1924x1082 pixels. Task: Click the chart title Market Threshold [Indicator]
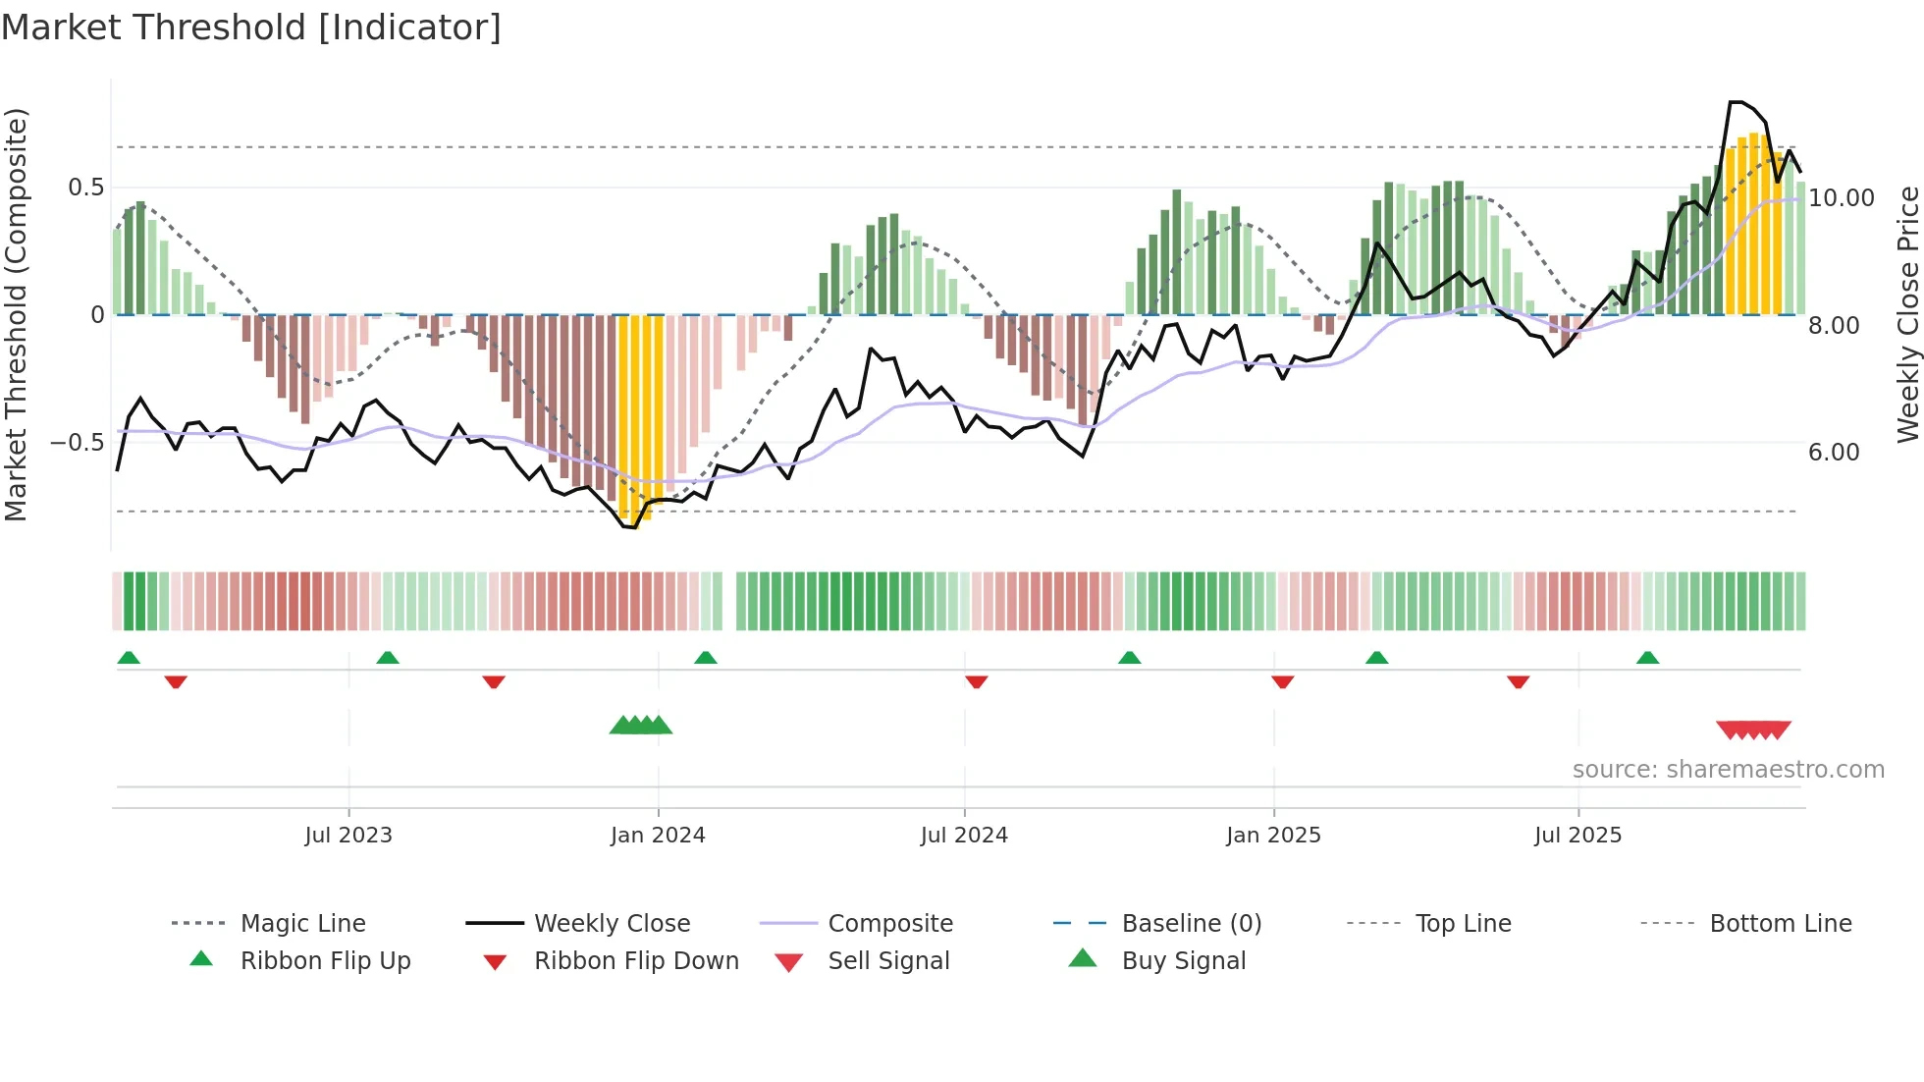[251, 27]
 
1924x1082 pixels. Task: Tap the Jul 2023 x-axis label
[347, 836]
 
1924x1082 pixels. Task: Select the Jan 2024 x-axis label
[658, 836]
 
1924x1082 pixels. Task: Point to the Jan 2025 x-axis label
[1273, 836]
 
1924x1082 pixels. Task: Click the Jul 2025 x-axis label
[1577, 836]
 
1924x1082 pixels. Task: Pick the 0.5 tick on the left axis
[85, 188]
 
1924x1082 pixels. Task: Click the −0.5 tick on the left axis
[77, 443]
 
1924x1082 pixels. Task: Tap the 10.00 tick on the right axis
[1841, 198]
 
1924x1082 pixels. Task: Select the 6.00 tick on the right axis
[1834, 453]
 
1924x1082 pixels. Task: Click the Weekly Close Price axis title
[1907, 314]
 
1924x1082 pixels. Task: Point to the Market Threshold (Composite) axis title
[17, 314]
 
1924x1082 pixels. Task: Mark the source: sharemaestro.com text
[1728, 770]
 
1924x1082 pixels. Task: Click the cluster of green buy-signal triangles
[641, 726]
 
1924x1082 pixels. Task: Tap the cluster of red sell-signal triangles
[1753, 730]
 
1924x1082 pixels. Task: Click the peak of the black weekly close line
[1736, 102]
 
